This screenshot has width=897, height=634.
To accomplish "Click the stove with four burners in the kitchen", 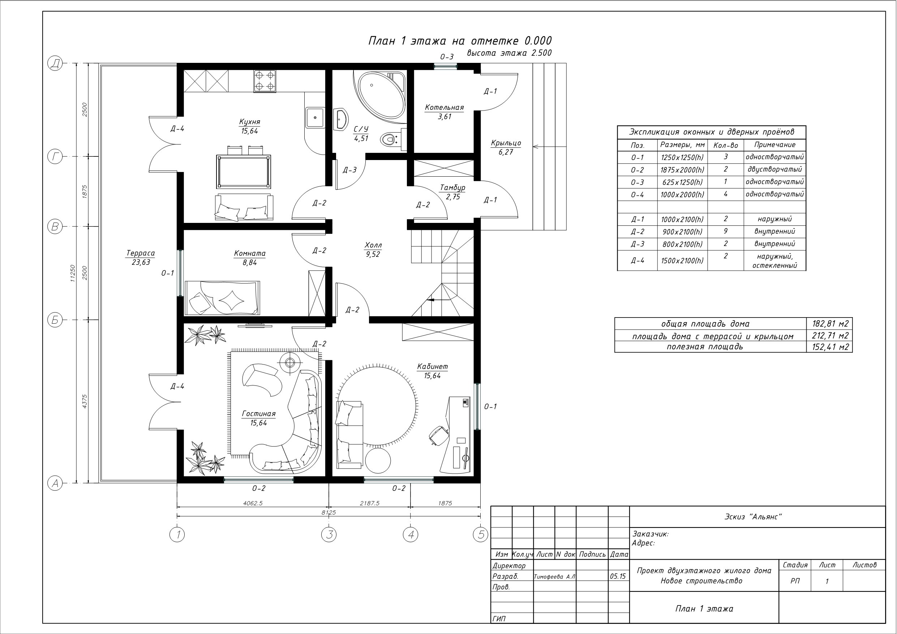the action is [x=265, y=81].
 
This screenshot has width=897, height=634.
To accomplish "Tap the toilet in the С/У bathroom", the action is [x=389, y=139].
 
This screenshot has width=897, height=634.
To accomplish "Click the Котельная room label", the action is [x=445, y=107].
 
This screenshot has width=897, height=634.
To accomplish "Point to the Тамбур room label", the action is [x=453, y=188].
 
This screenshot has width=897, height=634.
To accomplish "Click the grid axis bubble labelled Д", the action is [x=55, y=63].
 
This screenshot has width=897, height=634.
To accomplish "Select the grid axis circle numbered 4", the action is [x=410, y=534].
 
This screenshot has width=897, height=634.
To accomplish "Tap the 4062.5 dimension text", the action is [x=253, y=503].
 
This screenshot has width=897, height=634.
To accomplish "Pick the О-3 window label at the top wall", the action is [x=447, y=57].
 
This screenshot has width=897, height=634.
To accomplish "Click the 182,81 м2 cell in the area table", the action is [x=830, y=323].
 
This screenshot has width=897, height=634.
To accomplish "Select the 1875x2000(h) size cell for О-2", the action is [x=682, y=170].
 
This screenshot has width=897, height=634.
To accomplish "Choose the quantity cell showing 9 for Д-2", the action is [x=725, y=231].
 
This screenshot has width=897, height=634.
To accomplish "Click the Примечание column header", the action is [x=775, y=145].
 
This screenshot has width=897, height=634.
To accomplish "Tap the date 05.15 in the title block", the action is [x=618, y=576].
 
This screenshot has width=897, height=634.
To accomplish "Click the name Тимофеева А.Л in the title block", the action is [x=554, y=577].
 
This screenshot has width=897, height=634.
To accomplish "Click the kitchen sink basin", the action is [x=315, y=117].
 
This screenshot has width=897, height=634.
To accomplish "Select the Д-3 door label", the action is [x=350, y=170].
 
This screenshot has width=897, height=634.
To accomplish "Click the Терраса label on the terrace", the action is [x=141, y=253].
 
